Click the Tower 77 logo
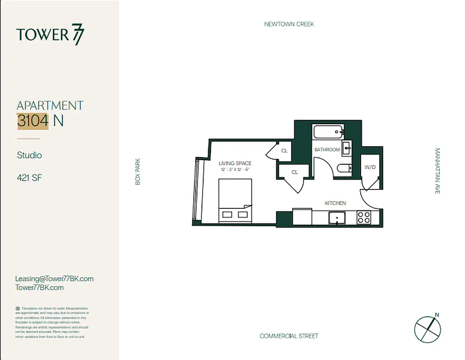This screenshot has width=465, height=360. point(50,35)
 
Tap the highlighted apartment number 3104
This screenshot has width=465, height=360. point(32,121)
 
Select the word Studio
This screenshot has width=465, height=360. point(29,155)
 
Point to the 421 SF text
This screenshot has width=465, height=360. point(29,178)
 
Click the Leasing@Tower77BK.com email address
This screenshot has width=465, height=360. point(54,279)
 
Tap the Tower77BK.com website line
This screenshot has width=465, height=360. point(39,288)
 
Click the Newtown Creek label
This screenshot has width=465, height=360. point(289,24)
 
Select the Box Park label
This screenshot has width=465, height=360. point(138,171)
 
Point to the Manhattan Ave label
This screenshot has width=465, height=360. point(437,171)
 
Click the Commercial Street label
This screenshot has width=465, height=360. point(289,336)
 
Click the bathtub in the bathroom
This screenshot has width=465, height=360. point(329,133)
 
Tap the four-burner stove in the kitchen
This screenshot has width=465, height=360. point(363,218)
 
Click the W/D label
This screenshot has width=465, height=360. point(370,167)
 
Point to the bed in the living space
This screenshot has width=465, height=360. point(235,200)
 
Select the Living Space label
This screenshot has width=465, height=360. point(235,163)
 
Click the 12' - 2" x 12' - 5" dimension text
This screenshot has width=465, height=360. point(235,169)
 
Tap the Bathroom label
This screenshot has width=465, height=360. point(327,149)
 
